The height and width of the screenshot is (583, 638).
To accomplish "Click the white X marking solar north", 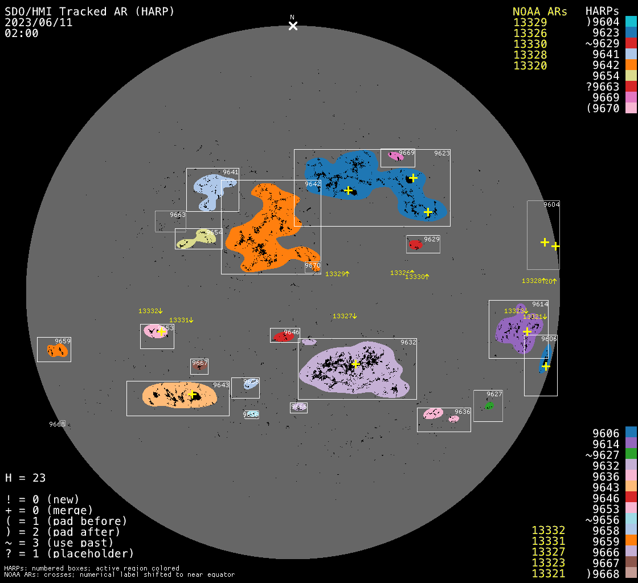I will pyautogui.click(x=293, y=26).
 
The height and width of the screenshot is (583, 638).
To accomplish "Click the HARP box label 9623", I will pyautogui.click(x=441, y=153).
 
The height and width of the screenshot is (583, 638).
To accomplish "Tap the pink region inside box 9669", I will pyautogui.click(x=394, y=155).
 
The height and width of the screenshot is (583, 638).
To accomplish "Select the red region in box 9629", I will pyautogui.click(x=415, y=244).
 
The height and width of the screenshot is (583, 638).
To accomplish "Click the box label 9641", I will pyautogui.click(x=230, y=172).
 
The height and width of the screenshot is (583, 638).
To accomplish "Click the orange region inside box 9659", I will pyautogui.click(x=57, y=351).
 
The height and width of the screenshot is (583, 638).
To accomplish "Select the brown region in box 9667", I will pyautogui.click(x=199, y=367).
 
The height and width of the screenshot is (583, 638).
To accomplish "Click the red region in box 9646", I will pyautogui.click(x=282, y=337).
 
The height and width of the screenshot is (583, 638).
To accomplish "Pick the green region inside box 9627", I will pyautogui.click(x=489, y=405).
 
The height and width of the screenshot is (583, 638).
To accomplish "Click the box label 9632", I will pyautogui.click(x=408, y=342).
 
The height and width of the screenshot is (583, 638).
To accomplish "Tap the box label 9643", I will pyautogui.click(x=221, y=385).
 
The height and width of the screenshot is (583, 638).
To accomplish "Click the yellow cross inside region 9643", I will pyautogui.click(x=192, y=395).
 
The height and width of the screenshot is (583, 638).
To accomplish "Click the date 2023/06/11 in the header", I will pyautogui.click(x=39, y=23).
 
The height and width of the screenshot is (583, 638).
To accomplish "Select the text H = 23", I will pyautogui.click(x=26, y=478).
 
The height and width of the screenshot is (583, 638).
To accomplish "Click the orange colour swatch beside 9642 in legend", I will pyautogui.click(x=631, y=65).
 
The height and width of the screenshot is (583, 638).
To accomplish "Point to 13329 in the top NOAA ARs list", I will pyautogui.click(x=530, y=23).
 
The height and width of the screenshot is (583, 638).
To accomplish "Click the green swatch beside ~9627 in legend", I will pyautogui.click(x=631, y=454).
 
